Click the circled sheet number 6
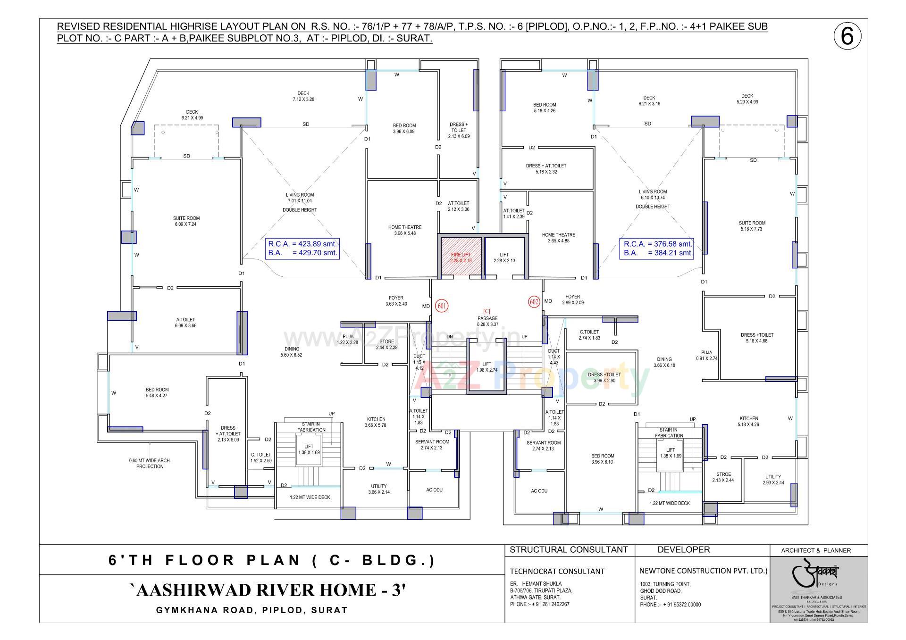coord(847,36)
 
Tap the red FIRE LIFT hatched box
coord(461,257)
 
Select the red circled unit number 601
coord(442,306)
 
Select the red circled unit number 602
coord(534,302)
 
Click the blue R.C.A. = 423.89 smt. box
coord(302,248)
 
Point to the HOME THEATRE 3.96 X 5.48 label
coord(404,230)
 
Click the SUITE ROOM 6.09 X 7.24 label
coord(186,221)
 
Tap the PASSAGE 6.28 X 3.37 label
coord(487,321)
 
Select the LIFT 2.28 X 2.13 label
coord(504,258)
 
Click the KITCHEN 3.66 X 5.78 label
coord(376,422)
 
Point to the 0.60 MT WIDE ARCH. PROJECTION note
coord(150,463)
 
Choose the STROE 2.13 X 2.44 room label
coord(723,477)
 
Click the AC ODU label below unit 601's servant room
coord(434,490)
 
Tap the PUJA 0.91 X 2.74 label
coord(706,356)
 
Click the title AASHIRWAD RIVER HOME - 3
coord(267,590)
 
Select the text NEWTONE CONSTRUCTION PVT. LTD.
coord(703,571)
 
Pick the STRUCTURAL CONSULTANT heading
coord(569,549)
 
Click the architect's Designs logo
coord(819,576)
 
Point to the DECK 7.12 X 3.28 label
coord(303,96)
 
